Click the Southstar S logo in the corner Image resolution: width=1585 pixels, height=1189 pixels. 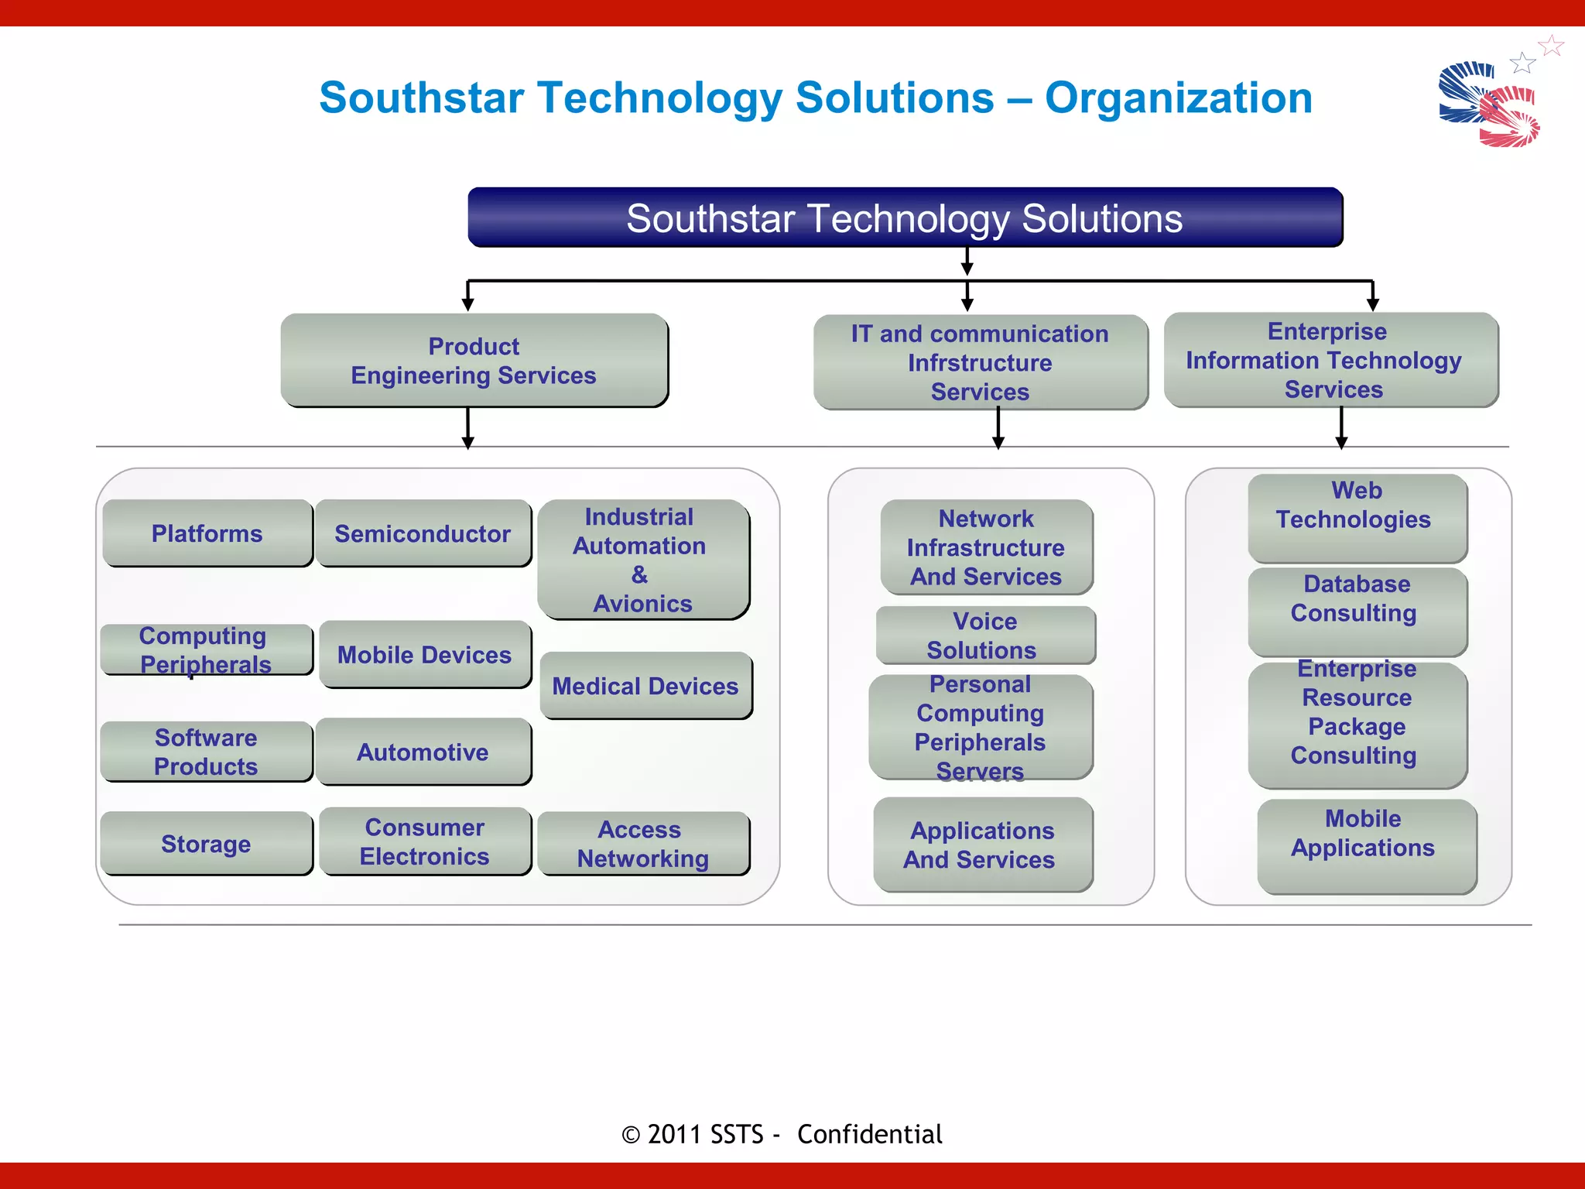(1489, 104)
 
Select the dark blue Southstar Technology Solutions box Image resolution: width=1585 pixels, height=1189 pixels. (905, 218)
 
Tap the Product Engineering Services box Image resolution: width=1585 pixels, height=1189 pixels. (474, 361)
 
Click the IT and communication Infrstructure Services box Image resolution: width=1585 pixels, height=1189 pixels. (980, 362)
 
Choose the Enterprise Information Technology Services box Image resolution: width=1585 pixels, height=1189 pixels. (1331, 360)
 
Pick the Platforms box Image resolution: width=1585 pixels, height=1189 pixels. (207, 533)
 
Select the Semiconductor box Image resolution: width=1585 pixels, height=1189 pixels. (423, 533)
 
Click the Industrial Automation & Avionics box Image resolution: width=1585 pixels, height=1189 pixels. (642, 560)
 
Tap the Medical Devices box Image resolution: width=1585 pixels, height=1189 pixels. (645, 686)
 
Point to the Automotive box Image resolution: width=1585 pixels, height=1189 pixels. (423, 752)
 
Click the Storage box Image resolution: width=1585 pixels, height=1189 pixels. (206, 843)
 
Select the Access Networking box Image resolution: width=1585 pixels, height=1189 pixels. (642, 843)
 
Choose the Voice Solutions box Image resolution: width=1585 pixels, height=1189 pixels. (984, 636)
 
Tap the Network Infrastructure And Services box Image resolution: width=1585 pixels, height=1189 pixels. (986, 547)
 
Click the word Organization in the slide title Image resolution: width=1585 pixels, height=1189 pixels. (1178, 98)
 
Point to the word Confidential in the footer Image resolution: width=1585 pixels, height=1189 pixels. (869, 1134)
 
